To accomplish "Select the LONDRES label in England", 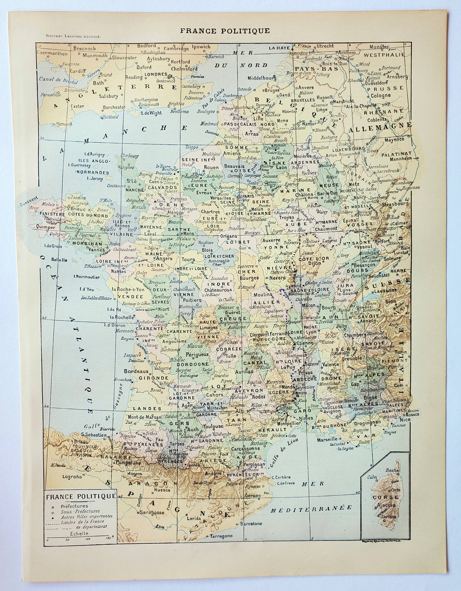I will tap(156, 74).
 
